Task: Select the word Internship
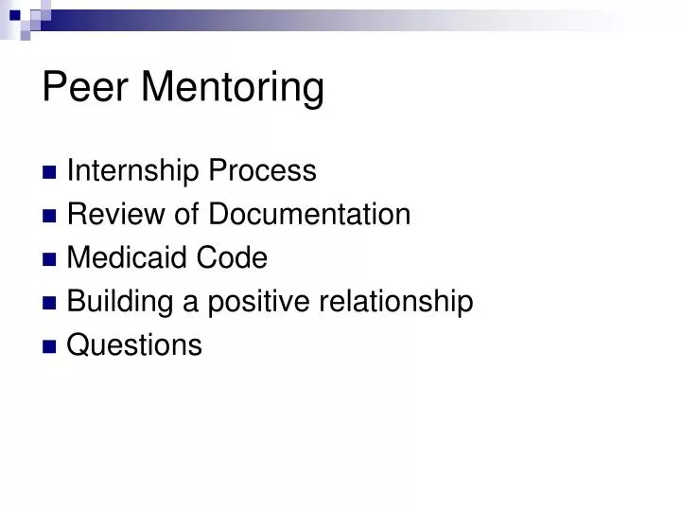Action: [133, 172]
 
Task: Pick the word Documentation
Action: [309, 215]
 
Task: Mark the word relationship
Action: [396, 302]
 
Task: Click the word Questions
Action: [134, 345]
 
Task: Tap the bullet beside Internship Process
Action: [50, 173]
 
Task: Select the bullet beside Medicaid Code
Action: [50, 259]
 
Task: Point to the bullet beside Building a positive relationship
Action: [50, 303]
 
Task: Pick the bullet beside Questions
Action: [50, 346]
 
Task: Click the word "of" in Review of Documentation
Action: [188, 215]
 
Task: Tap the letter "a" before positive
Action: [190, 303]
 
